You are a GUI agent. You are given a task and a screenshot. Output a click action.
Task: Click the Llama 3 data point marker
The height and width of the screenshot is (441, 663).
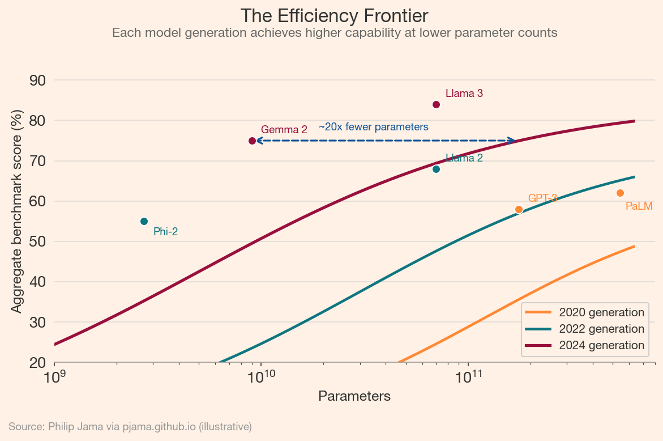click(x=436, y=104)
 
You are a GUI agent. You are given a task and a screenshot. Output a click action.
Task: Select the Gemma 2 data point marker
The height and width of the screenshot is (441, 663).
click(x=252, y=141)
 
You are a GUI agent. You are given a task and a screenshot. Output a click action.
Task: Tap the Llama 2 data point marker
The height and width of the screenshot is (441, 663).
click(x=436, y=169)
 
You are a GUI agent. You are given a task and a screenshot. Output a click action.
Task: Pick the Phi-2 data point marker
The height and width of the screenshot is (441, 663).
click(x=144, y=221)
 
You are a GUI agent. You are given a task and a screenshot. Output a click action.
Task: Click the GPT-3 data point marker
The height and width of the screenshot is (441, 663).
click(x=519, y=210)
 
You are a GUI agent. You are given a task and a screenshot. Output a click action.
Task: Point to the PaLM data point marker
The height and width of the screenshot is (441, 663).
click(x=620, y=193)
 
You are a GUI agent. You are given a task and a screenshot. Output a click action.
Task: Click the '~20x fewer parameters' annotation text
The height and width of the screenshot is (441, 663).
click(x=374, y=127)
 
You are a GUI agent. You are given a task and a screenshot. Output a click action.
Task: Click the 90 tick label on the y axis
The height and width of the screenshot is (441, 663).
click(x=37, y=80)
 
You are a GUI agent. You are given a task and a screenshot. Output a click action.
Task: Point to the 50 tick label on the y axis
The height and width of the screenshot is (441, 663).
click(x=37, y=241)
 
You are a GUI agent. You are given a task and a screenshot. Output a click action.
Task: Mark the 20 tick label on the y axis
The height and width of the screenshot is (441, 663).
click(x=37, y=363)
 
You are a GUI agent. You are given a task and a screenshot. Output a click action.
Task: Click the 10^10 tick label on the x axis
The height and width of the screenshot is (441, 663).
click(x=261, y=376)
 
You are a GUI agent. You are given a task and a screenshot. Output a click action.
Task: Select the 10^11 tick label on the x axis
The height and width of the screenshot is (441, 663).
click(x=468, y=376)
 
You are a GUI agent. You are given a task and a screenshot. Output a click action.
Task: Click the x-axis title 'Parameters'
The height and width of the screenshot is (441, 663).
click(x=354, y=396)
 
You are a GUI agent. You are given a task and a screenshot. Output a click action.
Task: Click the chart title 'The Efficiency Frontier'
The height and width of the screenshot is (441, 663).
click(x=334, y=15)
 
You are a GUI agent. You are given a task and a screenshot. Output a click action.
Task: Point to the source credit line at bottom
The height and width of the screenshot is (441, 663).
click(x=130, y=426)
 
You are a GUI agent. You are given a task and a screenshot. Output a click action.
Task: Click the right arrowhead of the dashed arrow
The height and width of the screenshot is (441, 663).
click(x=512, y=141)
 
